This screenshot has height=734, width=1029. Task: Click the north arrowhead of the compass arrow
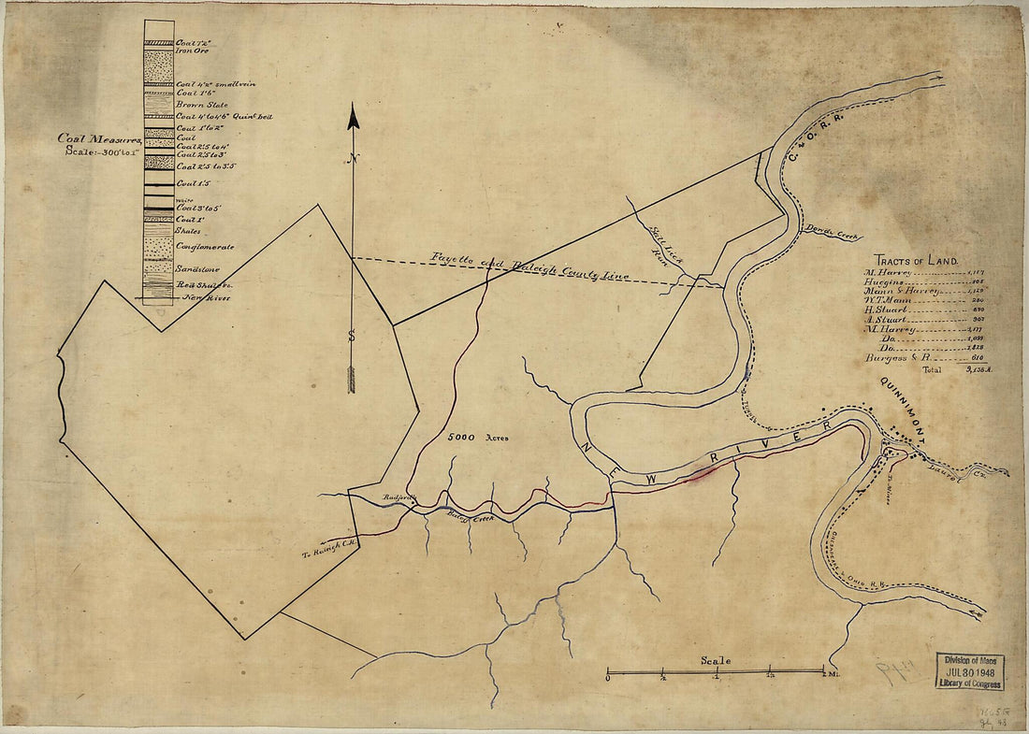[354, 116]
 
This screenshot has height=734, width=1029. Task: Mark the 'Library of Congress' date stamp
[970, 671]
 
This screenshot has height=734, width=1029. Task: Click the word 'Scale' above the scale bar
[716, 661]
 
